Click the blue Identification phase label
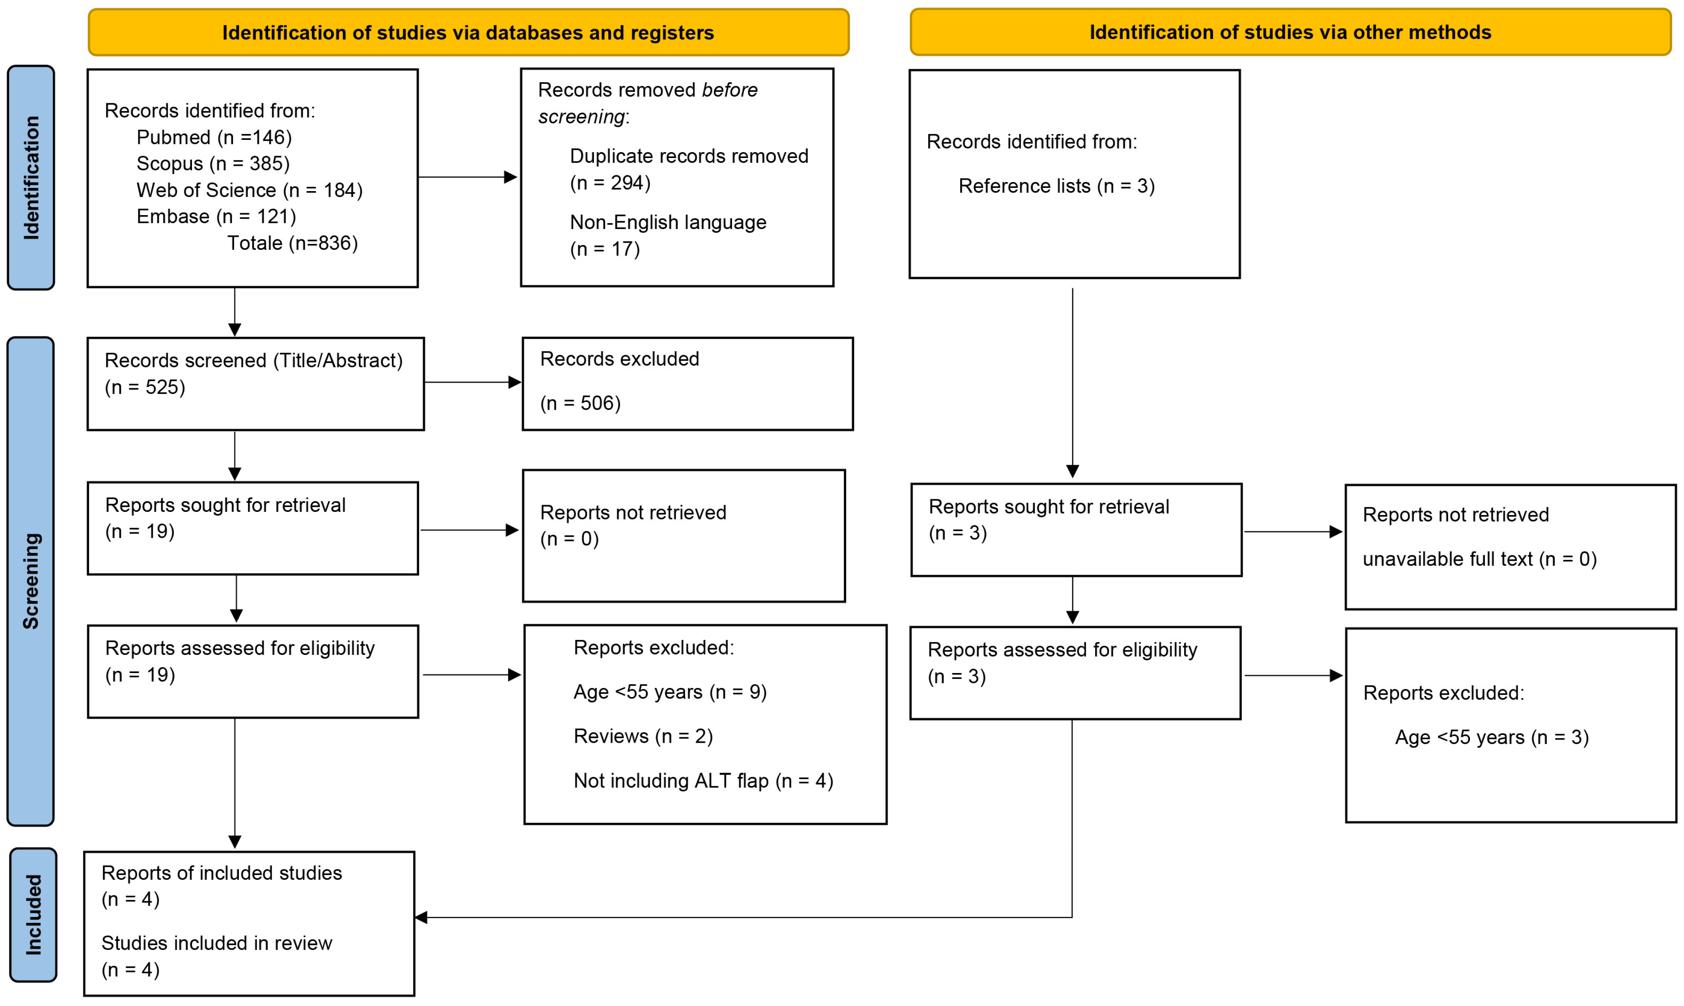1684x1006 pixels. tap(31, 178)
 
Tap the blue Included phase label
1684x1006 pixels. tap(33, 915)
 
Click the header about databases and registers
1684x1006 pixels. tap(468, 33)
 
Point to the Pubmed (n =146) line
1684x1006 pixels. tap(214, 137)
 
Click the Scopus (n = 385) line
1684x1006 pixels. tap(213, 164)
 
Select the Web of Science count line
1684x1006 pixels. tap(250, 190)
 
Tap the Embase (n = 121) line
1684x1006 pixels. tap(216, 216)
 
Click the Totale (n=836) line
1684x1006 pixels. tap(292, 243)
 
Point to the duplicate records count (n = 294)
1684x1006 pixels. tap(610, 182)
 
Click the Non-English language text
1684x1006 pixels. tap(668, 222)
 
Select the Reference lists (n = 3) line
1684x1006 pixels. tap(1056, 186)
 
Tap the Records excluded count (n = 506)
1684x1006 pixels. tap(580, 404)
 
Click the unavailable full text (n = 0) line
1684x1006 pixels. tap(1479, 559)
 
